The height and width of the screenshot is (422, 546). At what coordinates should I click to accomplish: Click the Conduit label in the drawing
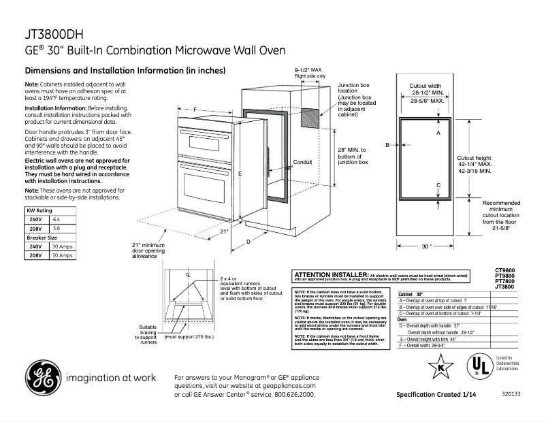pos(302,162)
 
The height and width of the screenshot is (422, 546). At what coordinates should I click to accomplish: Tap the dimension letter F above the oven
pos(195,110)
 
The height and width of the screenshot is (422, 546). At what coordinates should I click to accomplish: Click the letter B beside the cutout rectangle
pos(387,145)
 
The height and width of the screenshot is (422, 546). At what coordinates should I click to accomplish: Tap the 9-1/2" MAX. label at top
pos(308,71)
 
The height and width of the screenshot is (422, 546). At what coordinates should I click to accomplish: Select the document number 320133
pos(511,395)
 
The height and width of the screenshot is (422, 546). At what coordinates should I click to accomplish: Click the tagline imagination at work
pos(111,378)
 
